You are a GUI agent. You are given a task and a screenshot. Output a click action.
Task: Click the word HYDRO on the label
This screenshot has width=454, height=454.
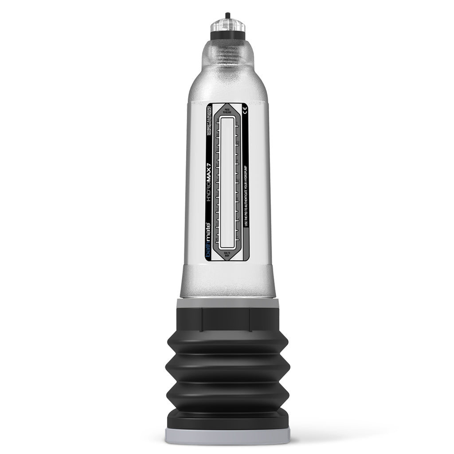point(210,188)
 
